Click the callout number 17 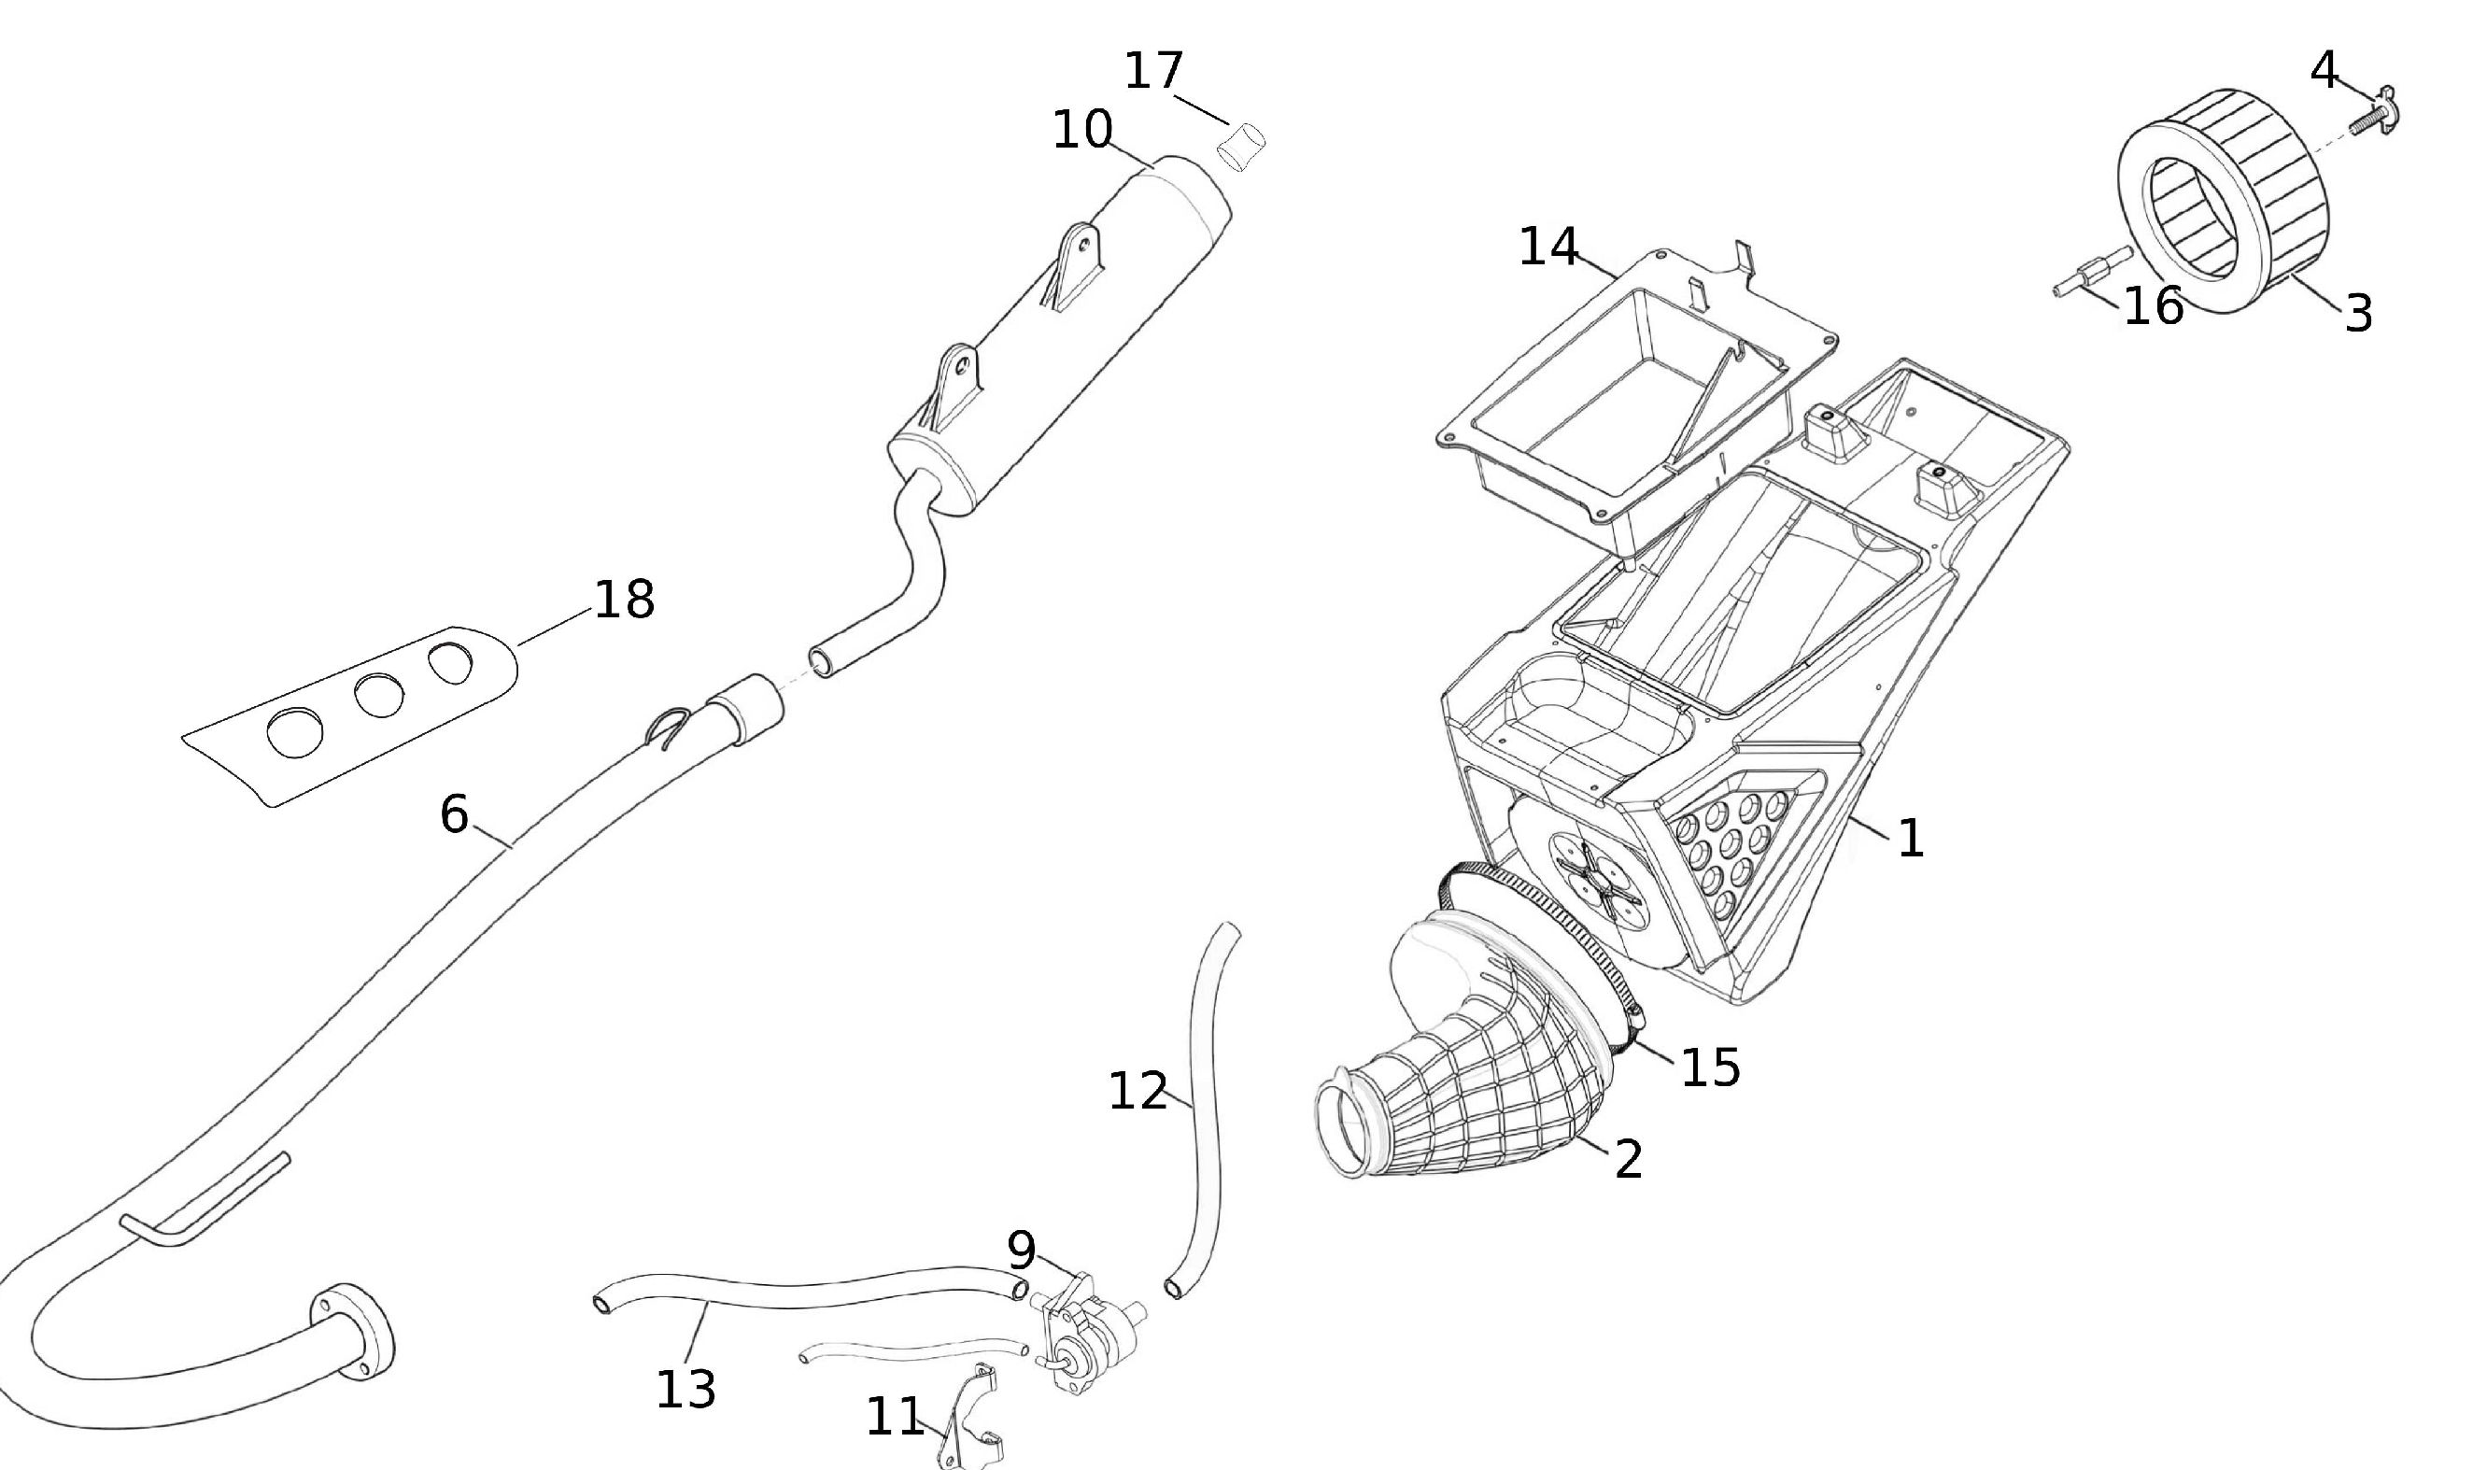pyautogui.click(x=1154, y=71)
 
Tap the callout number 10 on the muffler pyautogui.click(x=1081, y=130)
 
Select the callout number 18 pyautogui.click(x=624, y=600)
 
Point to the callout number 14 pyautogui.click(x=1549, y=247)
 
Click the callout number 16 pyautogui.click(x=2154, y=306)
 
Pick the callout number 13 pyautogui.click(x=685, y=1390)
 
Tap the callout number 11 pyautogui.click(x=895, y=1418)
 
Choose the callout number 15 pyautogui.click(x=1711, y=1067)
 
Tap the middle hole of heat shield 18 pyautogui.click(x=378, y=696)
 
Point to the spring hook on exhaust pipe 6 pyautogui.click(x=669, y=728)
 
